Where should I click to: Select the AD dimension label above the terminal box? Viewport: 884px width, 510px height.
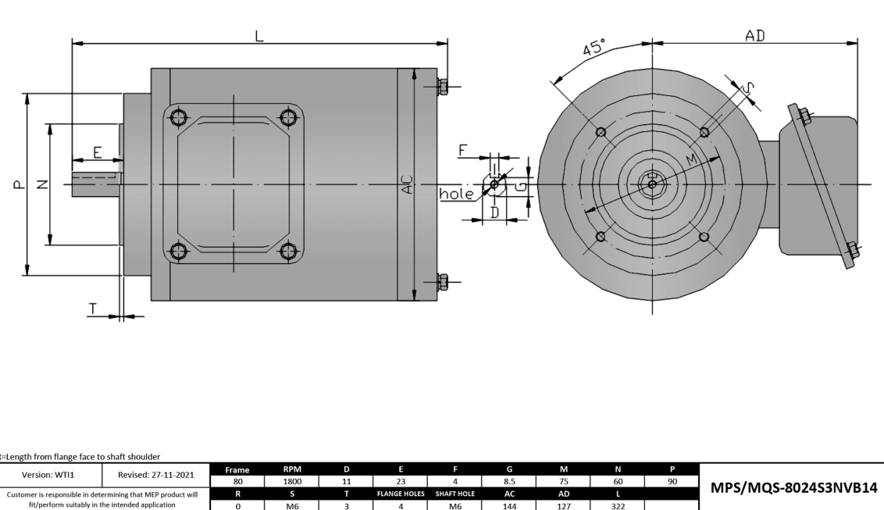coord(754,36)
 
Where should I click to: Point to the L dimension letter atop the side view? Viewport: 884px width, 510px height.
coord(259,35)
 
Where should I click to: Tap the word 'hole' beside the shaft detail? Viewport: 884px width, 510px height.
coord(456,194)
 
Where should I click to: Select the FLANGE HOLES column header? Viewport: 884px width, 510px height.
coord(401,494)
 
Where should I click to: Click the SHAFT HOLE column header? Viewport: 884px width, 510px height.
coord(455,494)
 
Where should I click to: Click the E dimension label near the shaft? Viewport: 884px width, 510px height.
coord(97,152)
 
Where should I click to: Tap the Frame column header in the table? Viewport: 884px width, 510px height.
coord(237,471)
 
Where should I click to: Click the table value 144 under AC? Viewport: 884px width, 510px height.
coord(510,505)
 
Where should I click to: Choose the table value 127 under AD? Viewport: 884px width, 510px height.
coord(564,505)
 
